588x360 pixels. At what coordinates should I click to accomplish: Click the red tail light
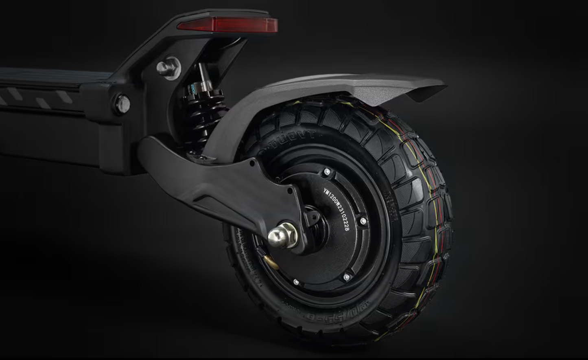click(228, 25)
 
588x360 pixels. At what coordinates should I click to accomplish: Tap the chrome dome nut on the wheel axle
click(279, 236)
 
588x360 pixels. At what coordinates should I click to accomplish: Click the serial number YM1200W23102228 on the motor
click(337, 209)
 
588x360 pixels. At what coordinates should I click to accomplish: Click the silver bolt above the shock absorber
click(168, 68)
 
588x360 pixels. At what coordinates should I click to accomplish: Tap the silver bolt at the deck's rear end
click(122, 104)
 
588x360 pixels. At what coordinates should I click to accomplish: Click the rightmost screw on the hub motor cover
click(363, 221)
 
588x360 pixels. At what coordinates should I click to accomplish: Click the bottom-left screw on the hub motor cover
click(296, 282)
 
